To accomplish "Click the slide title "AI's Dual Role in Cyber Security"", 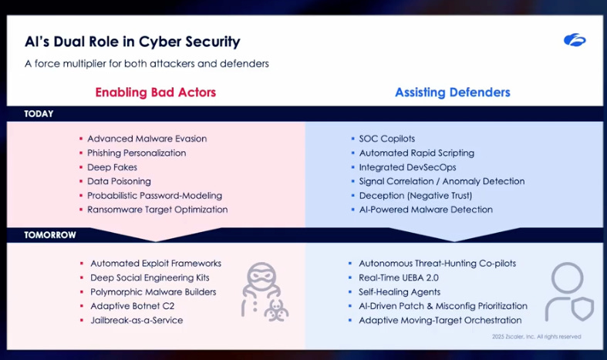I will [x=132, y=42].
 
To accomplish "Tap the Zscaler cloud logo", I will [x=574, y=40].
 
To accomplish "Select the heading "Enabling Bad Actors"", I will [x=155, y=93].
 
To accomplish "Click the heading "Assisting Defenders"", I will [x=452, y=93].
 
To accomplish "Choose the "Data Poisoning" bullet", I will [x=119, y=181].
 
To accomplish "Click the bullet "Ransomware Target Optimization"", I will [x=157, y=210].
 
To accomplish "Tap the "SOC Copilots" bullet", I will [x=386, y=139].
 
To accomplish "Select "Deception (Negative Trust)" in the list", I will [x=415, y=196].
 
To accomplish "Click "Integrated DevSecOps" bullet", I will [x=406, y=167].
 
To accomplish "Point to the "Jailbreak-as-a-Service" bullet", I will [x=137, y=320].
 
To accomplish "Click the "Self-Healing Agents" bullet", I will [x=399, y=292].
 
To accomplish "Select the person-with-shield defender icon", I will [x=568, y=292].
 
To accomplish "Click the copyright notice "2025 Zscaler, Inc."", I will [x=536, y=337].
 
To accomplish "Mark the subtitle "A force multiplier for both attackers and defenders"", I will [x=146, y=64].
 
